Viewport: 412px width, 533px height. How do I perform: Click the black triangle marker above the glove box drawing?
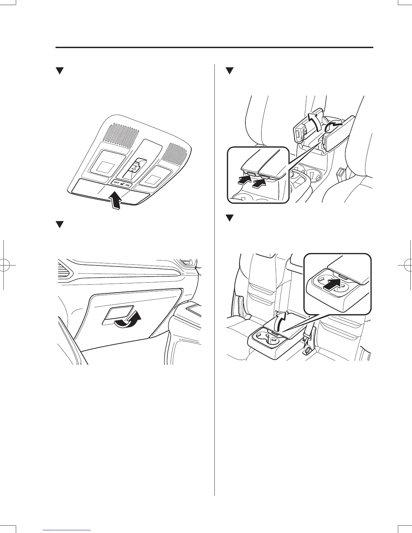click(60, 225)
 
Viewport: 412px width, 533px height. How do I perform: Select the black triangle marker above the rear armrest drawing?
click(230, 218)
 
